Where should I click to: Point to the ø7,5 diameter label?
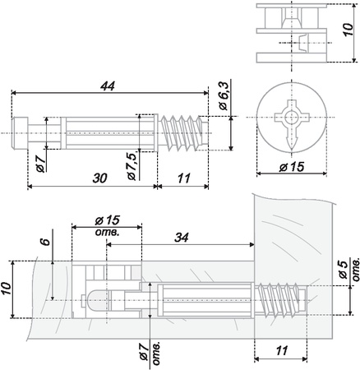(132, 164)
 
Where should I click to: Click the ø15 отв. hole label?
(107, 224)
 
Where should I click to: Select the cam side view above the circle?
(292, 32)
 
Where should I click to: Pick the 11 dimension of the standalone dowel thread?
(183, 177)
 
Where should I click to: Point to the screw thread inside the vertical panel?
(280, 299)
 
